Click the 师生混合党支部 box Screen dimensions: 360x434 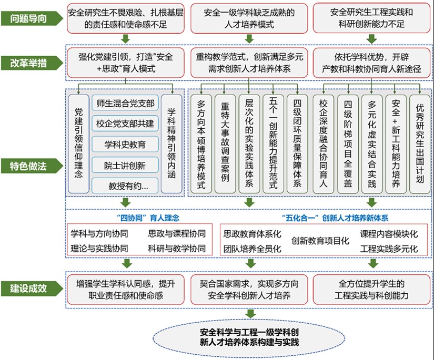126,104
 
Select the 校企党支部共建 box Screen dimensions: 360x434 126,124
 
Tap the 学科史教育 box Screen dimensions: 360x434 126,145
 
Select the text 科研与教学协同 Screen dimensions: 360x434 177,248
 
